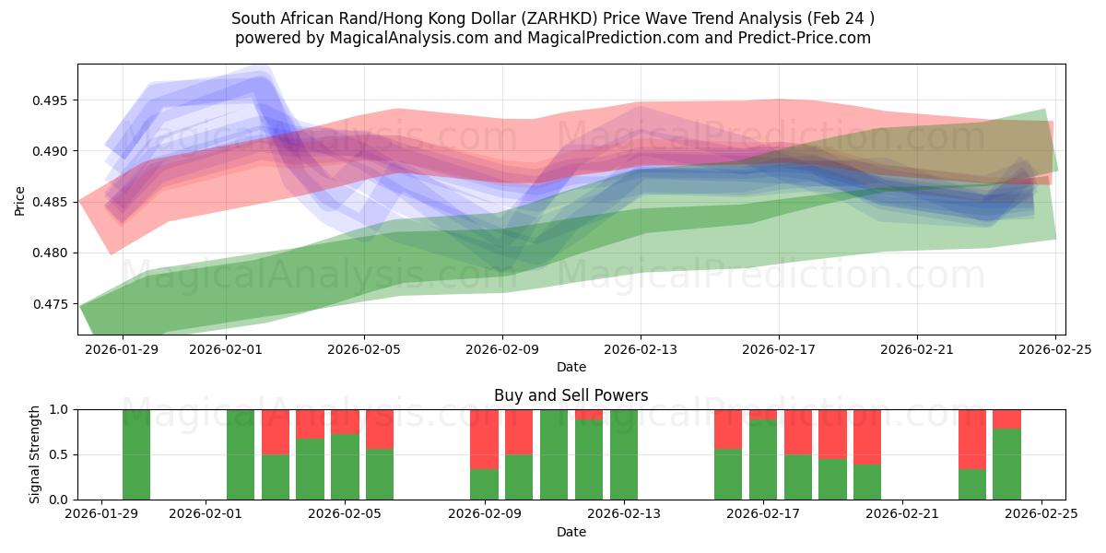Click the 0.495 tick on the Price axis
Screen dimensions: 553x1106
pos(53,100)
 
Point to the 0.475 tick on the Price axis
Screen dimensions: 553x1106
pos(53,304)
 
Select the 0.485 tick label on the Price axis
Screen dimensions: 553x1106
pos(53,202)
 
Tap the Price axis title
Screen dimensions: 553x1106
pos(19,199)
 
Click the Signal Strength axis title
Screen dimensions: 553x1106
pos(35,454)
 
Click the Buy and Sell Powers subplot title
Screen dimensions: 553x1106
pos(571,395)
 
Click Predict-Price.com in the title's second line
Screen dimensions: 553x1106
pos(805,38)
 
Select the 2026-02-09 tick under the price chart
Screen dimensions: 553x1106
pos(502,350)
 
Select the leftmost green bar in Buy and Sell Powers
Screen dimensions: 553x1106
pos(136,454)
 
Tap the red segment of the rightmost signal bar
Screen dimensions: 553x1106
pos(1006,418)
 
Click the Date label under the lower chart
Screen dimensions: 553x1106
pos(571,532)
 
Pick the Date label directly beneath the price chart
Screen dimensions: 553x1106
pos(571,367)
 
